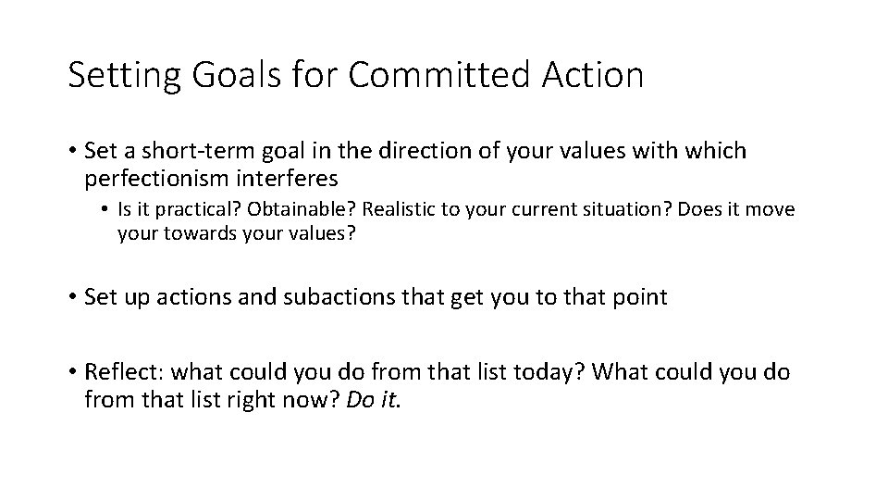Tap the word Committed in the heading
point(437,75)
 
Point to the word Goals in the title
point(228,75)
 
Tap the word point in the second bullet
point(640,297)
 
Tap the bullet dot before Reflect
point(71,372)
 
